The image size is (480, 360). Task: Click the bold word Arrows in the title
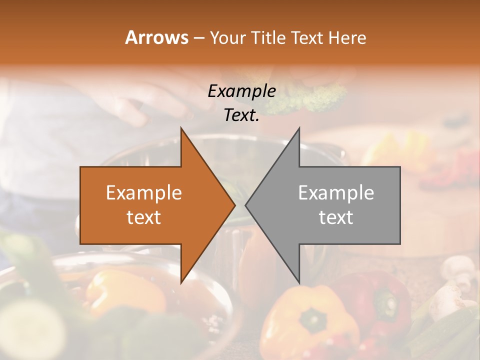pos(156,37)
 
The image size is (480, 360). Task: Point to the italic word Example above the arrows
pos(241,91)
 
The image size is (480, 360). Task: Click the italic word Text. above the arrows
pos(241,115)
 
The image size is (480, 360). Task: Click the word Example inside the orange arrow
pos(144,193)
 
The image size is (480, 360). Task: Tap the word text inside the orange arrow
pos(144,217)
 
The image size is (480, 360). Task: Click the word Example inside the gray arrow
pos(336,193)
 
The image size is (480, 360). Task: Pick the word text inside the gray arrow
pos(336,217)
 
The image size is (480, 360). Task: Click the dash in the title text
pos(198,38)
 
